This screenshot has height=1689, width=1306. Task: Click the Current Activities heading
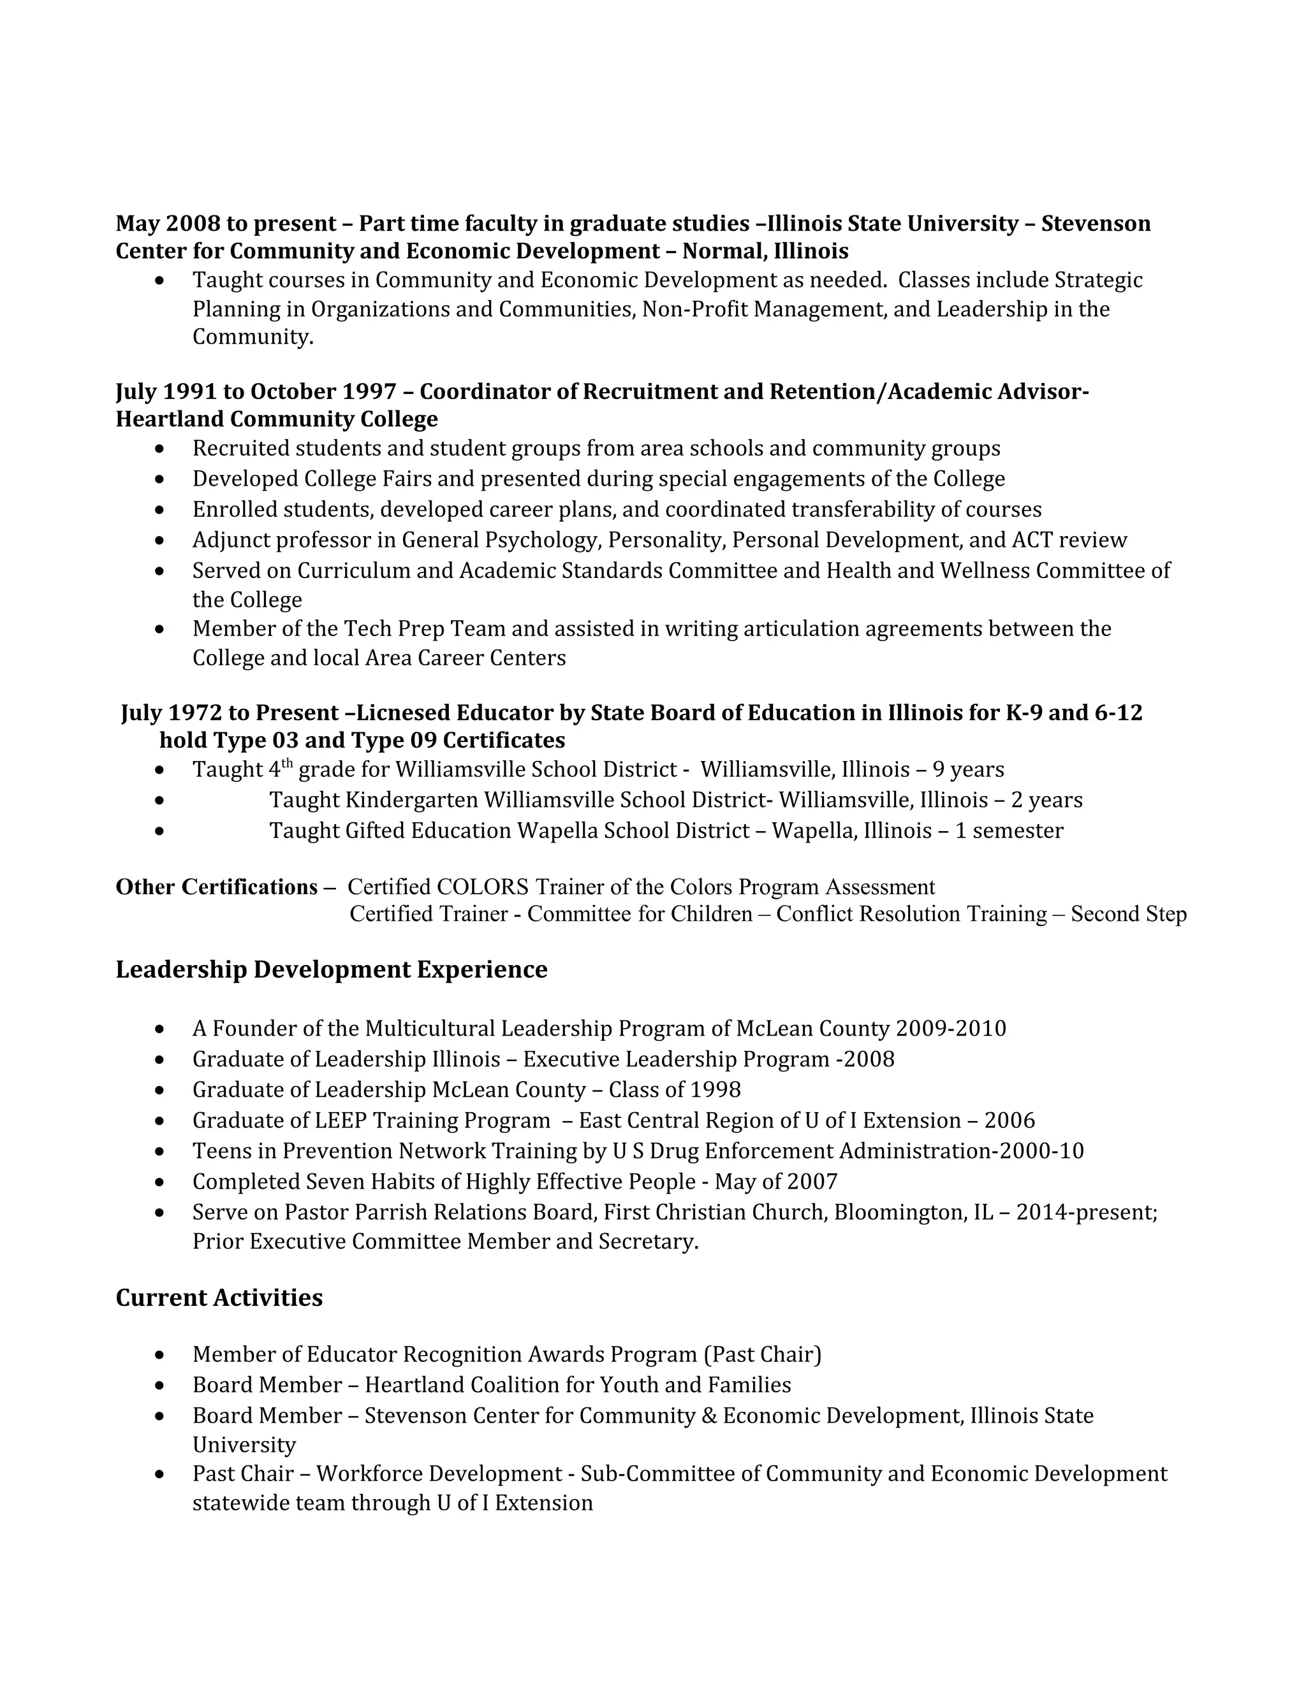[219, 1297]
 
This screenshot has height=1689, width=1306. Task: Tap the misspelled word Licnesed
[402, 713]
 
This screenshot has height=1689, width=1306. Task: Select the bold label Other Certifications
[217, 887]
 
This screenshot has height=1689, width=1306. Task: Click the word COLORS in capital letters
[483, 887]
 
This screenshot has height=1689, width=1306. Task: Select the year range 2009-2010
[950, 1029]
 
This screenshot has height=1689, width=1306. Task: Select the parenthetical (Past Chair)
[762, 1354]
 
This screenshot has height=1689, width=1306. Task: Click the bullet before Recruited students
[159, 449]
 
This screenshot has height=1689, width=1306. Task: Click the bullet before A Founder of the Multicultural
[159, 1029]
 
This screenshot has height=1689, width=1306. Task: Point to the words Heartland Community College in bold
[276, 419]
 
